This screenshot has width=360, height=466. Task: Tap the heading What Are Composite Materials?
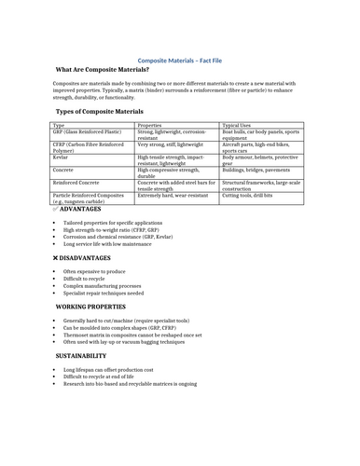coord(102,70)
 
